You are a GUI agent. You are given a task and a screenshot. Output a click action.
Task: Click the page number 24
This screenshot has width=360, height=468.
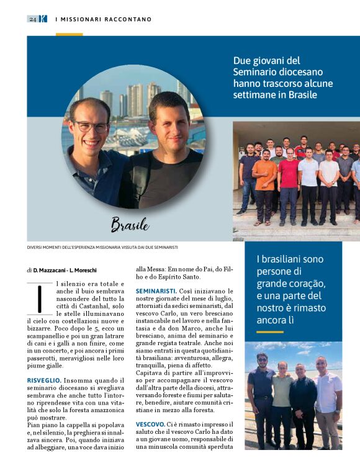coord(32,19)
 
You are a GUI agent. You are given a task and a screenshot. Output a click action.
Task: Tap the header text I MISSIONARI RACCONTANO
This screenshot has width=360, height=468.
coord(103,19)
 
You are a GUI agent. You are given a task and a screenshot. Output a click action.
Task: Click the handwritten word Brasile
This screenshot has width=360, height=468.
coord(130,224)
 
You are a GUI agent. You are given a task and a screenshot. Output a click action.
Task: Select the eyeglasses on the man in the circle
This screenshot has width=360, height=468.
coord(91,126)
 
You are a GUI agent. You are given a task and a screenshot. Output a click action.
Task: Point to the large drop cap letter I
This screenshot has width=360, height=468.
coord(38,299)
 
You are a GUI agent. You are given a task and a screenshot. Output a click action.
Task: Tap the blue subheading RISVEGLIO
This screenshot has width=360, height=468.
coord(44,379)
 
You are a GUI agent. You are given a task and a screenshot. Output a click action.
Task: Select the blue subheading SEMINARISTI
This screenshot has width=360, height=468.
coord(156,290)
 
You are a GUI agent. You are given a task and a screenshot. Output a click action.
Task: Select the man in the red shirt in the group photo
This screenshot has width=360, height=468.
coord(288,180)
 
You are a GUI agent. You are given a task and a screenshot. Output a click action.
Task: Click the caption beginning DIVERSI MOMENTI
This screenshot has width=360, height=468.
coord(102,248)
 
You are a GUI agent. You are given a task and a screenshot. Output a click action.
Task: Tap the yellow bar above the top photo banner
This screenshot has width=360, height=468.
coord(69,34)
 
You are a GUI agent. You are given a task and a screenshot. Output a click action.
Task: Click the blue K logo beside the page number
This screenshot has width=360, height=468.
coord(43,19)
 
